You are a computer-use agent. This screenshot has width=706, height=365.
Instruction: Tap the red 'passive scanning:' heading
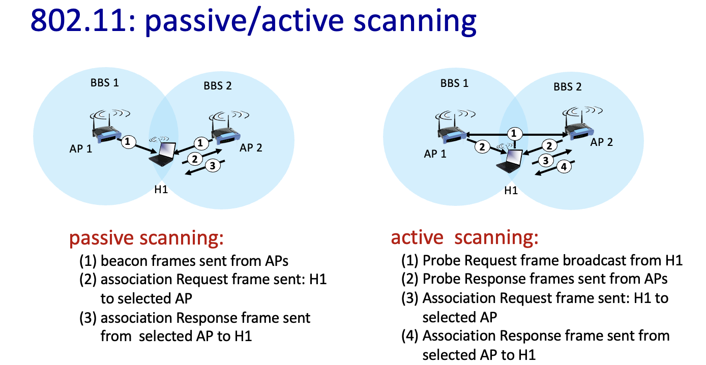point(146,238)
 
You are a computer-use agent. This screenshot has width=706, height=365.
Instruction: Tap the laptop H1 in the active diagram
point(509,159)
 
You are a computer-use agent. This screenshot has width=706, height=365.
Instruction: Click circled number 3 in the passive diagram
point(213,165)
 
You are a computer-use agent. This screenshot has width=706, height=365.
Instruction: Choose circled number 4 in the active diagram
point(564,167)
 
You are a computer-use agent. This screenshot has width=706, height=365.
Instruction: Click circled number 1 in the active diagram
point(514,134)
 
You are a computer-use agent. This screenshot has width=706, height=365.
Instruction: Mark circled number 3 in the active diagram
point(546,161)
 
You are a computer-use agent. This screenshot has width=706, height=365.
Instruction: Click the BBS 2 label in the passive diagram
point(218,86)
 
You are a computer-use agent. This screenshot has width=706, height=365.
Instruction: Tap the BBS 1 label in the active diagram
point(454,83)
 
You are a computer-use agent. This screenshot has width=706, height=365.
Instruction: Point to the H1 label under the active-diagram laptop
point(511,191)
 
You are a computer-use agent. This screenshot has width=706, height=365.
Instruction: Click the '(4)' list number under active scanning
point(409,336)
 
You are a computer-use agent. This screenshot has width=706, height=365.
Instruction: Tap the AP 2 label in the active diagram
point(601,142)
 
